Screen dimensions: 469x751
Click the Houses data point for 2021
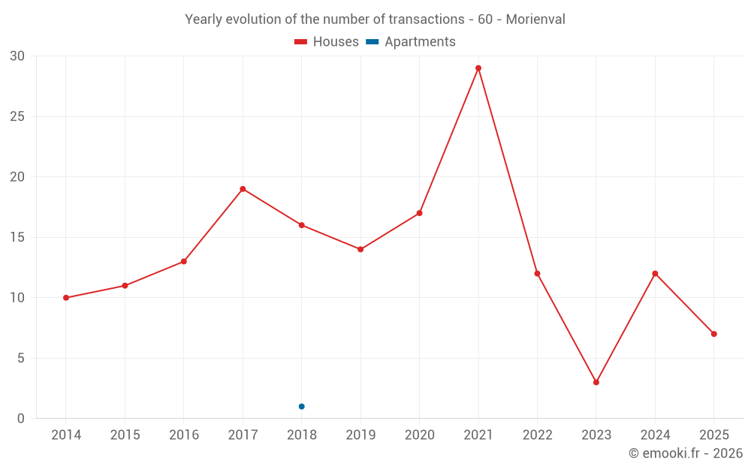[478, 68]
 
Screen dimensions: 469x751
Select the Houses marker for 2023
[596, 382]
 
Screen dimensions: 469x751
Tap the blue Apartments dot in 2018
[302, 407]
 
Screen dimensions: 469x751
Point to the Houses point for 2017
[243, 189]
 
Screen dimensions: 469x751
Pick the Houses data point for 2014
[66, 298]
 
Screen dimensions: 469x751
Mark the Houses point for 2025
[714, 334]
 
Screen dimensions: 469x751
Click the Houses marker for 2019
[360, 249]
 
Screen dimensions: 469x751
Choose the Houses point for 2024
[655, 273]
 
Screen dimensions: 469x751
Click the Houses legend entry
[327, 42]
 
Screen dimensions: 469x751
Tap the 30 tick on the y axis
[17, 56]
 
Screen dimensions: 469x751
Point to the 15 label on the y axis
[17, 237]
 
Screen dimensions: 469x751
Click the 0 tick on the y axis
[21, 419]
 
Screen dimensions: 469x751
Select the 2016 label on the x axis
[184, 435]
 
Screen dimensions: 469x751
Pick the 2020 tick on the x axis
[419, 435]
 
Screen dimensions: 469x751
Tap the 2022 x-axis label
[537, 435]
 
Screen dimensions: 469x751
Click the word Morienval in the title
[535, 19]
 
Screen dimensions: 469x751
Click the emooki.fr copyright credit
[686, 453]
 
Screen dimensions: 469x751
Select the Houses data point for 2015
[125, 286]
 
